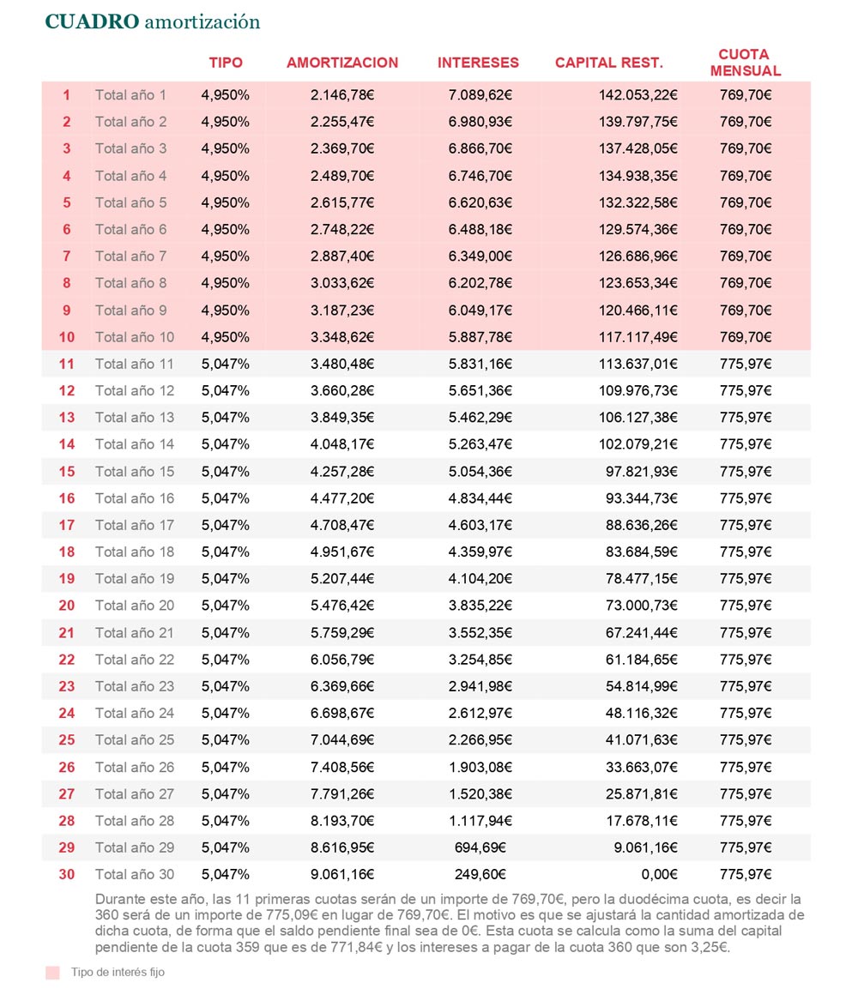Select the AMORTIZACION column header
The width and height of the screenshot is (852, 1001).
coord(342,63)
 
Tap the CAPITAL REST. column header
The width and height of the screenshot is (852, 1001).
coord(608,63)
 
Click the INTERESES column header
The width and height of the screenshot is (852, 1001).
coord(478,63)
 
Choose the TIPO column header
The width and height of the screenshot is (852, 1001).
coord(226,63)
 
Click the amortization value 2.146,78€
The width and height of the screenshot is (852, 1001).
coord(342,95)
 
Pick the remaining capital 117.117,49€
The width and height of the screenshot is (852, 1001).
coord(637,337)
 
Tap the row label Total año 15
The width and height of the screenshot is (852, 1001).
coord(135,471)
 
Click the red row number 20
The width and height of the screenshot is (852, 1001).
coord(66,606)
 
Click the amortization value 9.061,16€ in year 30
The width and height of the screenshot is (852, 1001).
coord(342,875)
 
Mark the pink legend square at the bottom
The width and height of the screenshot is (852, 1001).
coord(52,973)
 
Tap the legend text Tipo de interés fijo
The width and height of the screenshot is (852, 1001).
coord(118,973)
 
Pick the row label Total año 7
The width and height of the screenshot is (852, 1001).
coord(131,256)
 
